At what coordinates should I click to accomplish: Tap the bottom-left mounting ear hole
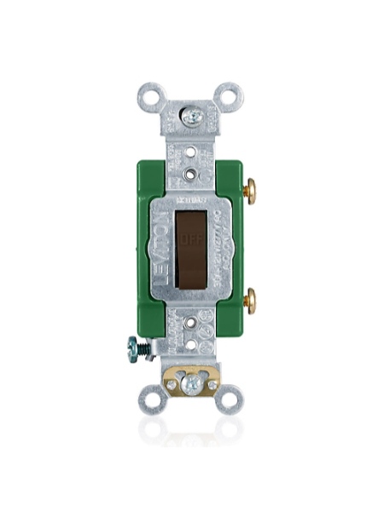coord(152,397)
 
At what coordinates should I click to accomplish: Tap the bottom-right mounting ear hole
coord(228,397)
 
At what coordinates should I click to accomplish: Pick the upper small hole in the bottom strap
coord(191,325)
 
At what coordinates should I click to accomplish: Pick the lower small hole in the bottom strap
coord(191,344)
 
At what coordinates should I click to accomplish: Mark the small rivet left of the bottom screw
coord(172,385)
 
